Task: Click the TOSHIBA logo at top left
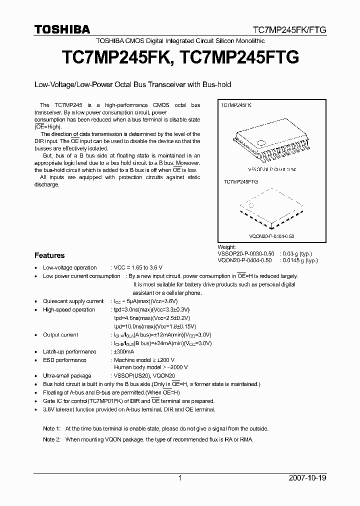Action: point(62,29)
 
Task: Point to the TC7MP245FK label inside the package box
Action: point(237,106)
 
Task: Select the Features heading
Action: point(49,255)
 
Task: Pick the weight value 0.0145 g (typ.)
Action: point(299,260)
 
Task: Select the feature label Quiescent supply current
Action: point(73,301)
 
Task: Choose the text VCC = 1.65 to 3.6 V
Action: point(138,267)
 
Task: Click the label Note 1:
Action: point(51,428)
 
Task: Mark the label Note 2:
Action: point(51,439)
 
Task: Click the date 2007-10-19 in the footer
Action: point(307,478)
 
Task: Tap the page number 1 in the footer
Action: point(180,478)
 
